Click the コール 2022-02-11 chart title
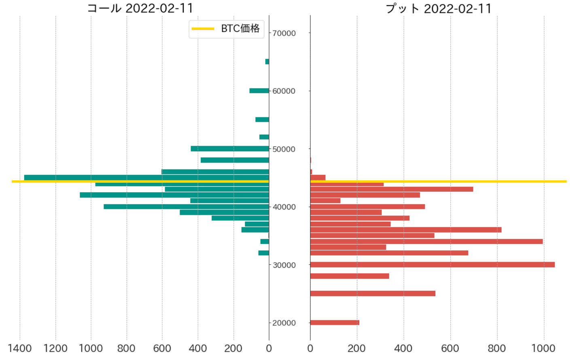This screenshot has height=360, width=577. (x=140, y=8)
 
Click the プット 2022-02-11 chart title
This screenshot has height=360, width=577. (x=438, y=8)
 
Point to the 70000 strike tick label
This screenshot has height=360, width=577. (x=284, y=33)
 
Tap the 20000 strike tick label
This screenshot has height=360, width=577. (x=284, y=323)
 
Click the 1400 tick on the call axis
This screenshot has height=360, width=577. (x=19, y=349)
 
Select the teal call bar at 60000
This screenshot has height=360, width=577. (x=259, y=91)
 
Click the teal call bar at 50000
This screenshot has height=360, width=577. (x=230, y=149)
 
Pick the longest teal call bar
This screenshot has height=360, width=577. (x=146, y=177)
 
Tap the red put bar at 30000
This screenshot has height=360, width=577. (x=432, y=265)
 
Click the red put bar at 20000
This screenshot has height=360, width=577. (x=335, y=323)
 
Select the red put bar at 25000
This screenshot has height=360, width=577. (x=373, y=294)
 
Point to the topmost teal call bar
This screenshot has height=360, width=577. (x=267, y=61)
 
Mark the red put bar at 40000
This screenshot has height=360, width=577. (x=367, y=207)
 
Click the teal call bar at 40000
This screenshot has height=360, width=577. (x=186, y=207)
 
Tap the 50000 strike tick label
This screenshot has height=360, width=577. (x=284, y=149)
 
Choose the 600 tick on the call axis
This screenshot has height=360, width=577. (x=162, y=349)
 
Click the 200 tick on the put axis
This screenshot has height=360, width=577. (x=357, y=349)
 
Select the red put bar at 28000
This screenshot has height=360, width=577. (x=350, y=276)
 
